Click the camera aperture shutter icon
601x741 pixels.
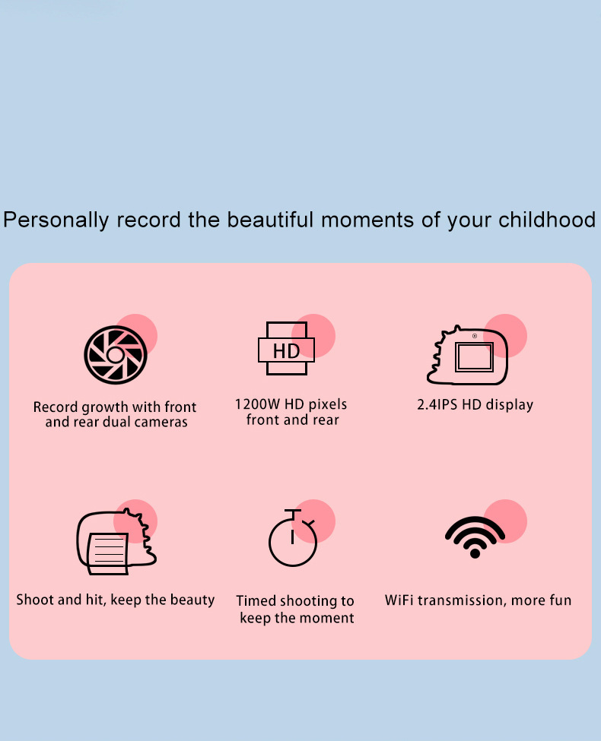pyautogui.click(x=116, y=354)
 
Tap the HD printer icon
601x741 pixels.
pyautogui.click(x=286, y=349)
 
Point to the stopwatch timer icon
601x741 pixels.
pyautogui.click(x=293, y=538)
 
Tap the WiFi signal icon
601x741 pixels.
pyautogui.click(x=475, y=537)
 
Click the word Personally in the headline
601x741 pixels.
pyautogui.click(x=56, y=220)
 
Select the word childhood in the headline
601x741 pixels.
pyautogui.click(x=546, y=220)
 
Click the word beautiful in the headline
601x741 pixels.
pyautogui.click(x=270, y=220)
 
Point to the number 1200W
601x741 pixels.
pyautogui.click(x=257, y=404)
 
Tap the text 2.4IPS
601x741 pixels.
pyautogui.click(x=437, y=405)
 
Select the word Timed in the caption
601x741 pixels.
pyautogui.click(x=256, y=600)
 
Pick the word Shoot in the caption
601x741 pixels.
pyautogui.click(x=35, y=600)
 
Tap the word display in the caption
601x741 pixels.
pyautogui.click(x=510, y=406)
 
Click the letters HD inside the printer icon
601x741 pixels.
pyautogui.click(x=286, y=351)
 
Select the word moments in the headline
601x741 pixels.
pyautogui.click(x=367, y=220)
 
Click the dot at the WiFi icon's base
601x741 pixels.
pyautogui.click(x=475, y=553)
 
